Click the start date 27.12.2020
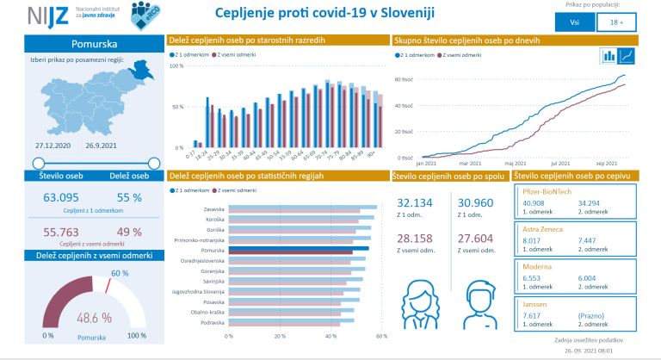[53, 146]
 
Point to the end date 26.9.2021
[126, 146]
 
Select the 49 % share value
[129, 232]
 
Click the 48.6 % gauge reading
[94, 317]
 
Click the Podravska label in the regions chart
[213, 322]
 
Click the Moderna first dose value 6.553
[534, 279]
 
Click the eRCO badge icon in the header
[145, 14]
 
